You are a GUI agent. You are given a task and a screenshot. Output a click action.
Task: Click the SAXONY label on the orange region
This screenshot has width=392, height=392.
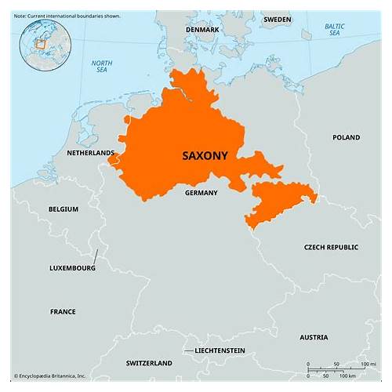205,155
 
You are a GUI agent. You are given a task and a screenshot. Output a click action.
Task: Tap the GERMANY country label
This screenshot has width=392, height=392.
201,192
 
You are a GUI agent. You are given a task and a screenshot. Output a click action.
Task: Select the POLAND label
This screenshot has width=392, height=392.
346,137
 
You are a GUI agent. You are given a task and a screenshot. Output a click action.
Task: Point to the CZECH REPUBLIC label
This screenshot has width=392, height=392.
331,247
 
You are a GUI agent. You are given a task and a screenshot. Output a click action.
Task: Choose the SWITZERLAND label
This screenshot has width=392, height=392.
149,363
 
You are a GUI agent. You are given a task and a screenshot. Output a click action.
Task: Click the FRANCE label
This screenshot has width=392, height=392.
63,311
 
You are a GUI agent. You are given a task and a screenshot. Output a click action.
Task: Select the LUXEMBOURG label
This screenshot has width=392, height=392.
72,267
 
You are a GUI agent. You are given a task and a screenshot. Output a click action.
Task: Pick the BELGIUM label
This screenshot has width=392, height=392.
63,209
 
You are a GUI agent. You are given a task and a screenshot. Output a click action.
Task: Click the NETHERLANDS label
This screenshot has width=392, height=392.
90,153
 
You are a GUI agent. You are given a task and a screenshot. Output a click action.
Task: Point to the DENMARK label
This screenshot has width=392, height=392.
203,29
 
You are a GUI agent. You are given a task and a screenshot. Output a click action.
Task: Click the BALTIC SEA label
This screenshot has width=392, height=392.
335,31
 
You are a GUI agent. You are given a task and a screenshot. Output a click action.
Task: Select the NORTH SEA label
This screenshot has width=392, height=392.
102,67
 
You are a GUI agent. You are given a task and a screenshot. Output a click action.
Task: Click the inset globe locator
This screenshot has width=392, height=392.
45,42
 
